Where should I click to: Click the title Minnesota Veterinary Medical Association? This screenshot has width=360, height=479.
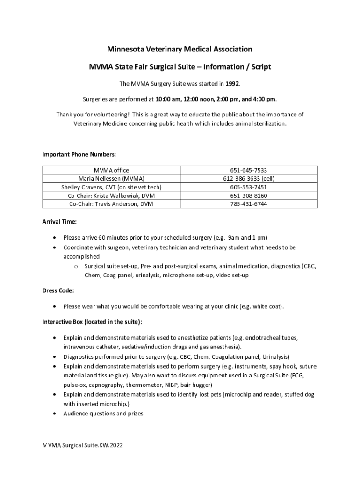180,49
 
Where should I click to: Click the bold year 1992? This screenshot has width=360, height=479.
232,84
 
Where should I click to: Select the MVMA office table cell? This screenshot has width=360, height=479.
111,170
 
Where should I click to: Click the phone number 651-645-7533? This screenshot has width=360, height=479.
249,170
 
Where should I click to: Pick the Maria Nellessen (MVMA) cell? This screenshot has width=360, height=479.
111,179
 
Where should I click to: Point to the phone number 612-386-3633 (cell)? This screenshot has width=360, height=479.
249,179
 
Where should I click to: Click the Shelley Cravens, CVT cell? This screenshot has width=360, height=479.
111,187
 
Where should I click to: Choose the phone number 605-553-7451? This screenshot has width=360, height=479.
249,187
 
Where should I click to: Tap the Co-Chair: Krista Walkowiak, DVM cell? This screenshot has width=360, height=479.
111,196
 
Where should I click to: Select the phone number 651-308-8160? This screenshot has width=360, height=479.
249,196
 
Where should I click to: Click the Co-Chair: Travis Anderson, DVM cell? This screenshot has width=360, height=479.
111,204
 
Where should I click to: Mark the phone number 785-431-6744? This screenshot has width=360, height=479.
249,204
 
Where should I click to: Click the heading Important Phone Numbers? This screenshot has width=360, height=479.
79,155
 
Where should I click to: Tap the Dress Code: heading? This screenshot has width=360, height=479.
58,290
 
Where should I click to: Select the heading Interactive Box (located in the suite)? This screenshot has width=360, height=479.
93,322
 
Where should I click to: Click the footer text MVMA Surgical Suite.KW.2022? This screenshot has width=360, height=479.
82,446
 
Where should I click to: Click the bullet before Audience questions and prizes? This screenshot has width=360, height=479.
56,414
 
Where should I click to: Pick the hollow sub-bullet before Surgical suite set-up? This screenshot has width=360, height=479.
76,266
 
